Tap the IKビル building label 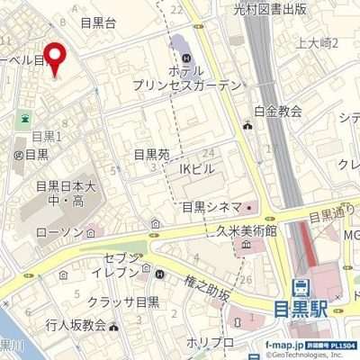click(199, 166)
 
